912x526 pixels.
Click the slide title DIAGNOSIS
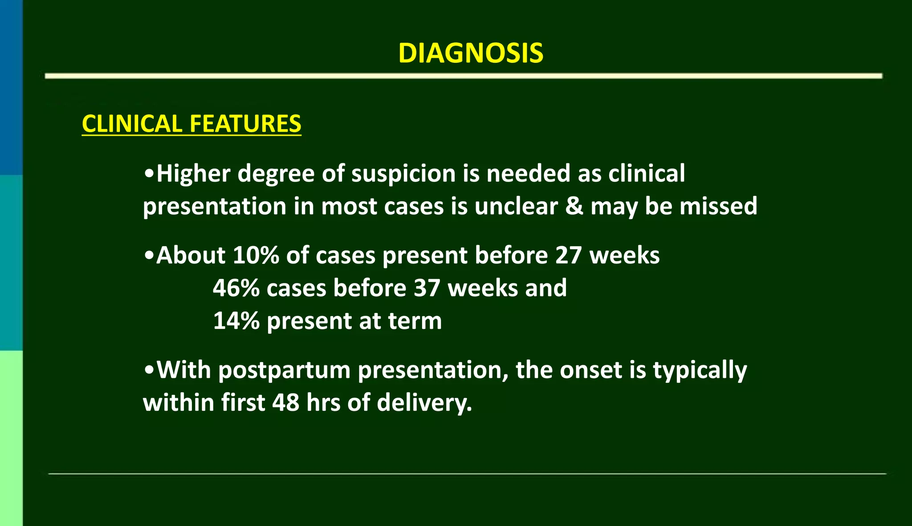tap(471, 53)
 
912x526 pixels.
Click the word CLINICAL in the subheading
tap(130, 124)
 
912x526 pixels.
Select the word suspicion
tap(403, 174)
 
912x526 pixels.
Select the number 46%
tap(236, 288)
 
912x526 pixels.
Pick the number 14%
tap(236, 321)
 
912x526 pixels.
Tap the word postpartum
tap(284, 370)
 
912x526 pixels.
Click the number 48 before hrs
tap(285, 403)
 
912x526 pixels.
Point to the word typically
tap(700, 370)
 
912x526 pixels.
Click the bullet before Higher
tap(149, 174)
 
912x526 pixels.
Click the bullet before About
tap(149, 255)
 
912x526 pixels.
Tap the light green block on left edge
tap(11, 438)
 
